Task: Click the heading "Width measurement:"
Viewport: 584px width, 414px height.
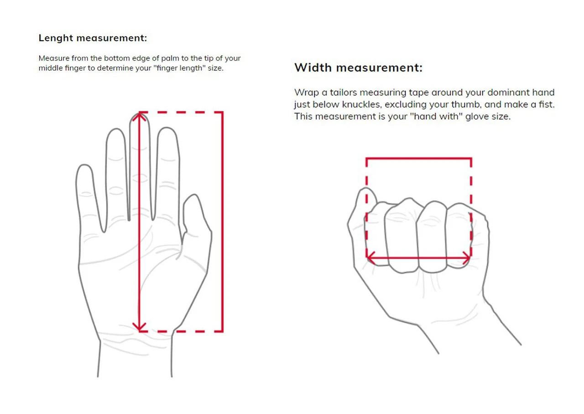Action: pyautogui.click(x=358, y=68)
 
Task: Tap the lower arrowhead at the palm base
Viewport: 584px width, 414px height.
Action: pyautogui.click(x=140, y=327)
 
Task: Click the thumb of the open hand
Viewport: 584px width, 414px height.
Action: pyautogui.click(x=196, y=215)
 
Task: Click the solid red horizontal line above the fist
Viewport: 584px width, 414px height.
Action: pyautogui.click(x=418, y=158)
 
